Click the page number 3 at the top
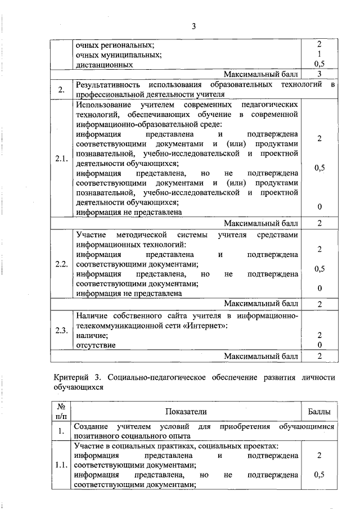[193, 26]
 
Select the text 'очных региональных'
[115, 45]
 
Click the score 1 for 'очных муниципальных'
[319, 55]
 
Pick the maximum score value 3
[319, 74]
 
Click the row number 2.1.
[61, 159]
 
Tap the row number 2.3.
[61, 330]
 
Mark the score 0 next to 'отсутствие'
[319, 345]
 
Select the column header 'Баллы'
[319, 412]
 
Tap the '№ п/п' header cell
[61, 412]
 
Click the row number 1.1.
[61, 465]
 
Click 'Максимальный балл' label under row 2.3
[260, 356]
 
